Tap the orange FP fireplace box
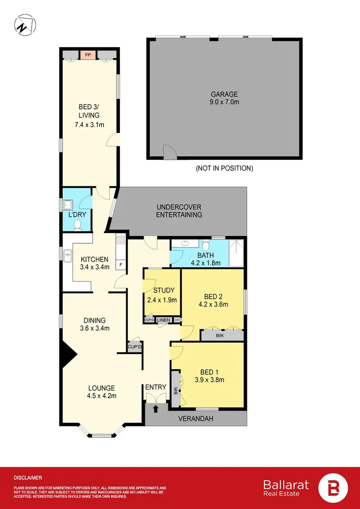click(x=88, y=55)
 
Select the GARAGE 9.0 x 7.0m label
click(x=224, y=98)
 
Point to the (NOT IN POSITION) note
click(x=224, y=168)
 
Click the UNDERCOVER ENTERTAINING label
click(x=179, y=211)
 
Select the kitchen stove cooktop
click(x=120, y=241)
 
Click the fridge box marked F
click(x=121, y=264)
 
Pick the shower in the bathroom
click(x=237, y=252)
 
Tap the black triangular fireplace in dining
click(x=68, y=355)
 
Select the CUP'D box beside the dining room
click(x=134, y=347)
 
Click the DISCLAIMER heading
click(x=28, y=478)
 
